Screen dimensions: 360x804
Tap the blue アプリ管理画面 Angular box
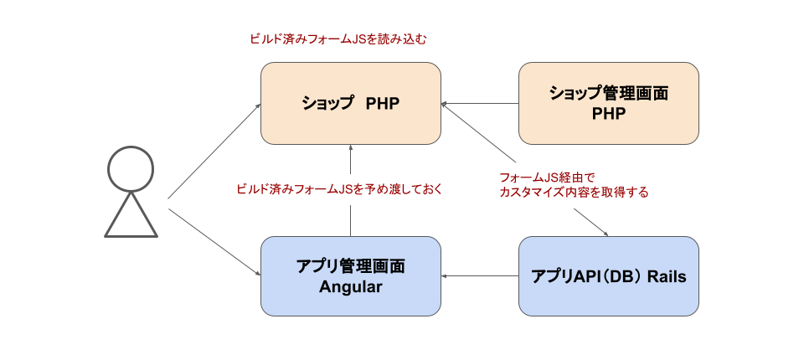[350, 276]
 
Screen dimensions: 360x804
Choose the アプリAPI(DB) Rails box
[609, 276]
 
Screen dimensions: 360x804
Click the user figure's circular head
[131, 168]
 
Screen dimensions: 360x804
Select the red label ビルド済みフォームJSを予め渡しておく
[338, 189]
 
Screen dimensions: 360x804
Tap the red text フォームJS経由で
[545, 177]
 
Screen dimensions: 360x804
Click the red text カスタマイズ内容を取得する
[573, 193]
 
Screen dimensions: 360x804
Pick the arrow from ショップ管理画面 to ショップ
[480, 104]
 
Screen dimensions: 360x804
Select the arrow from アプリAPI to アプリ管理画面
[480, 276]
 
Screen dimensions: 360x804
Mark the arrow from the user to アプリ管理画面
[214, 241]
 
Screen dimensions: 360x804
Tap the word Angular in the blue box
[350, 287]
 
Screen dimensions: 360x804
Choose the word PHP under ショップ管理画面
[609, 113]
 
